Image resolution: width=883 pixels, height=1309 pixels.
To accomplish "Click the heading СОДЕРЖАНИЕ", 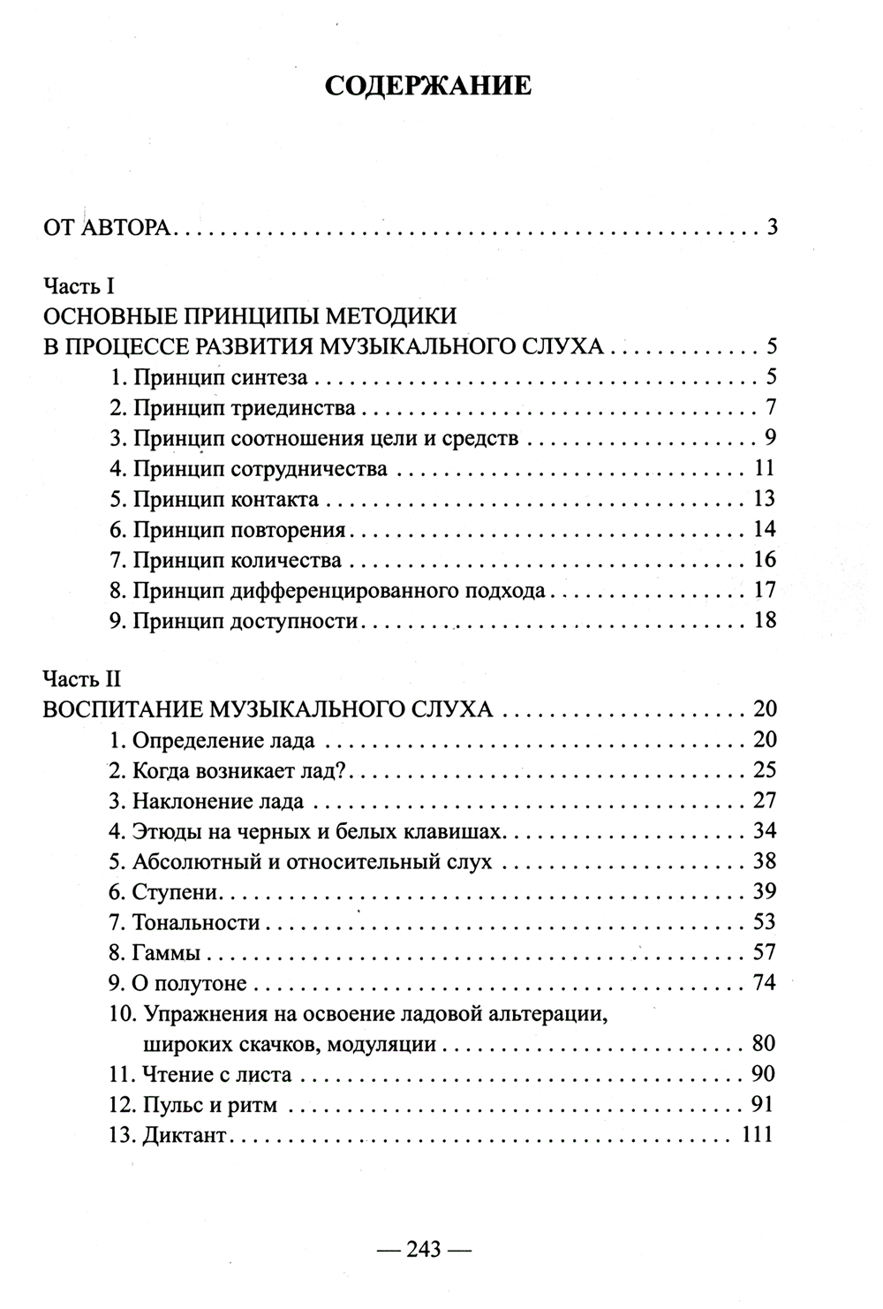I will click(428, 86).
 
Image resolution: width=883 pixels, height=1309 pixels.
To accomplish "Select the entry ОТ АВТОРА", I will click(110, 228).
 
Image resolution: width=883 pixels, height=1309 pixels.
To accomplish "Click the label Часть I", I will click(79, 285).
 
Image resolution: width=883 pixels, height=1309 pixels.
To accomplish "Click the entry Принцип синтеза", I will click(208, 378).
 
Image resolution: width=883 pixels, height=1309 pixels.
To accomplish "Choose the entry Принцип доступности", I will click(234, 620).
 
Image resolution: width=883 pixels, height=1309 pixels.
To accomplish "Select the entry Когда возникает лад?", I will click(230, 770).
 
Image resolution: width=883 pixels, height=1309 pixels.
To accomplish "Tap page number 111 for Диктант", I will click(758, 1135).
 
